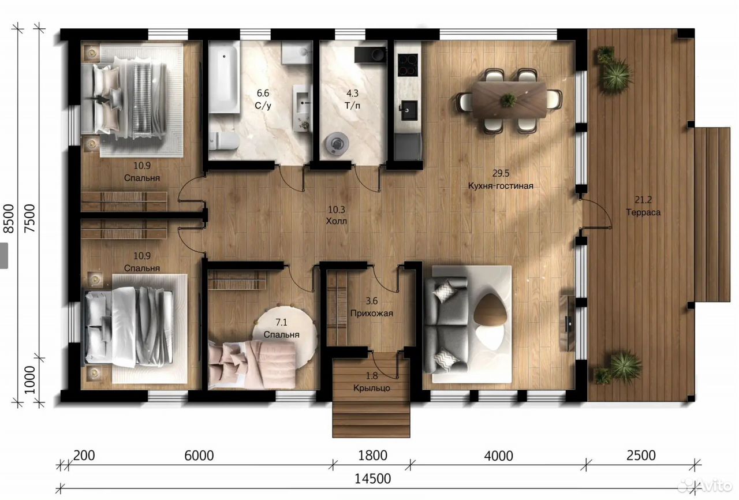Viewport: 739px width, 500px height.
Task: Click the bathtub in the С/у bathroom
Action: [x=225, y=77]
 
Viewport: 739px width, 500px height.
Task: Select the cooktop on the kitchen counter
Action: [x=408, y=64]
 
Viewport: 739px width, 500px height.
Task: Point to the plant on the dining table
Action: [x=509, y=100]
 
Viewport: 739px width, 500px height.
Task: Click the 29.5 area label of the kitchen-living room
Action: [x=501, y=173]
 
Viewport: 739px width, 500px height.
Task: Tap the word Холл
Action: [x=337, y=221]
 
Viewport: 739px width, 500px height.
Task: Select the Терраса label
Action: [x=643, y=212]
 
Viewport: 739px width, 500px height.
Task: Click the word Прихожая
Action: [x=371, y=314]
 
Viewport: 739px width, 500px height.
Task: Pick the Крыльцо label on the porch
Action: [x=371, y=388]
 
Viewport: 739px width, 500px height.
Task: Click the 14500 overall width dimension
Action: [x=372, y=479]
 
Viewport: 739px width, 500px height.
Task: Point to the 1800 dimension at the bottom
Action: [x=372, y=456]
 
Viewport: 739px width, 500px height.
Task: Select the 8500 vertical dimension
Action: [x=9, y=218]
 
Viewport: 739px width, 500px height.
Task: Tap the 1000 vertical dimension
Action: [x=29, y=379]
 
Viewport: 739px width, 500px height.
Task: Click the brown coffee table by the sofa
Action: [x=490, y=309]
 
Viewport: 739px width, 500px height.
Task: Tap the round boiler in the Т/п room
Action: [x=337, y=143]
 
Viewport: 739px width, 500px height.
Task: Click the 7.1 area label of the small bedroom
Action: [x=281, y=322]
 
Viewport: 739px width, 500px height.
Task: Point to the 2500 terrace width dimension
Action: [x=641, y=456]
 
